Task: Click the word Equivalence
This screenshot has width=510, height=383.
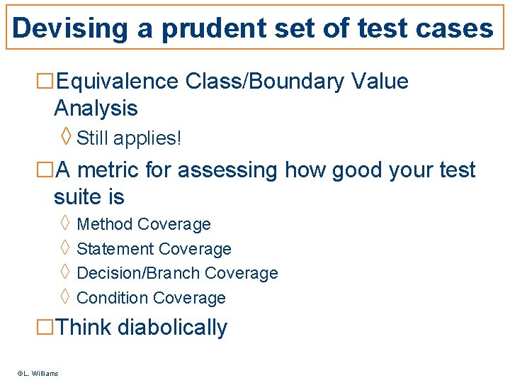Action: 117,82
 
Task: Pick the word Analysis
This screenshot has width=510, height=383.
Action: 96,109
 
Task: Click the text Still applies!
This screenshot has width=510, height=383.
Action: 129,138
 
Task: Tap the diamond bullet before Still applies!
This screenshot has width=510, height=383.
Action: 66,136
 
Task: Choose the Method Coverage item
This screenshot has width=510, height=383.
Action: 144,225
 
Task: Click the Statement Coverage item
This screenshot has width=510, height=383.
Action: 154,249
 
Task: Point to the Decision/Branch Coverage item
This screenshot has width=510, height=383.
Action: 177,273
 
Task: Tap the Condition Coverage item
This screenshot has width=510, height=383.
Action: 151,298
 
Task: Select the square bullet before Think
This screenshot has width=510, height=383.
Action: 45,328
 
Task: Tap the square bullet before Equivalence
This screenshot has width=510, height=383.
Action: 45,82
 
